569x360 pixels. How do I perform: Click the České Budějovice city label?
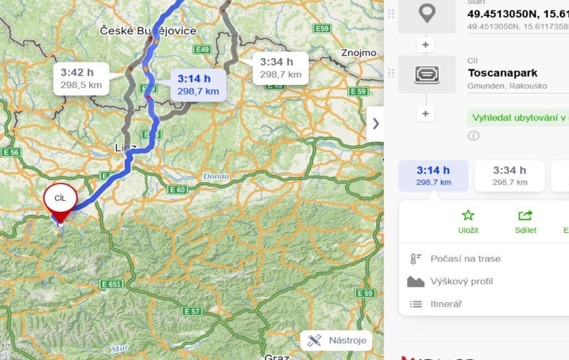coord(148,31)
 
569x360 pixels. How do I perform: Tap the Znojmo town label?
coord(358,53)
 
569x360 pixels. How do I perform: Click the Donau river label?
coord(216,176)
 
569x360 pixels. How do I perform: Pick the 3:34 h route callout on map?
coord(281,68)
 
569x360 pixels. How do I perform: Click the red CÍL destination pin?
coord(60,201)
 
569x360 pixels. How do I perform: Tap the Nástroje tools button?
coord(337,340)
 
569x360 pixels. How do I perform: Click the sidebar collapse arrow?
coord(376,123)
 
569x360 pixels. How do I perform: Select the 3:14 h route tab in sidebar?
coord(433,176)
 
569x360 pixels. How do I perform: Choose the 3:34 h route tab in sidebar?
coord(510,176)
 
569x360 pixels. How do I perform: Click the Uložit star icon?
coord(468,216)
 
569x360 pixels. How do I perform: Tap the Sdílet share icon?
coord(525,216)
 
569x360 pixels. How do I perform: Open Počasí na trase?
coord(465,259)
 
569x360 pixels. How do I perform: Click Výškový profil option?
coord(461,282)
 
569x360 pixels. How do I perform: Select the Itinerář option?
coord(446,304)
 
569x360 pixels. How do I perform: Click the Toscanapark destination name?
coord(502,73)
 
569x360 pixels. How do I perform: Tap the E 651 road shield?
coord(111,284)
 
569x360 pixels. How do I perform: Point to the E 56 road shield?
coord(11,152)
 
